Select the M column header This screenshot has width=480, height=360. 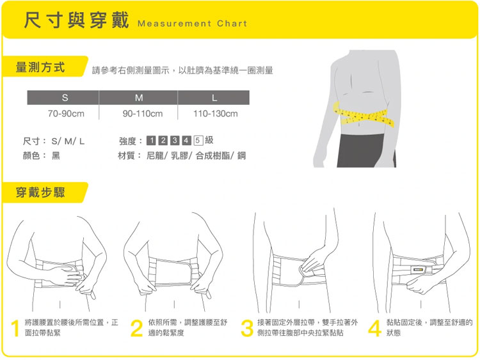[138, 98]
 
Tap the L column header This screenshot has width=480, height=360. [214, 98]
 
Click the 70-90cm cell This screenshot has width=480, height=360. [66, 114]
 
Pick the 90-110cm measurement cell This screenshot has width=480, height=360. [143, 114]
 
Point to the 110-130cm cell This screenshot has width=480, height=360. [216, 114]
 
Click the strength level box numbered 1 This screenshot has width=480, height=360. [152, 141]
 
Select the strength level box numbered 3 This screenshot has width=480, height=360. [175, 141]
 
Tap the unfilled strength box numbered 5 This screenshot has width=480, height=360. [198, 141]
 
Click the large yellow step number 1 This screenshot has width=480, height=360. [15, 328]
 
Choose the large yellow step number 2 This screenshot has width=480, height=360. [136, 328]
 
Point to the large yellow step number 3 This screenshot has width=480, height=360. [247, 328]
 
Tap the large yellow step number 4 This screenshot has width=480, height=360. [374, 328]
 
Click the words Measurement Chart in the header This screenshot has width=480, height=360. [192, 24]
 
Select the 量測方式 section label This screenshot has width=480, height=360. [40, 67]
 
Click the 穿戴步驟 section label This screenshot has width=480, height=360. [40, 192]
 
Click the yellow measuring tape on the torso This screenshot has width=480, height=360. [364, 116]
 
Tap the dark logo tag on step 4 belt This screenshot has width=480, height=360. [418, 270]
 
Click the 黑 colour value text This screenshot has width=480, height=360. [56, 155]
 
